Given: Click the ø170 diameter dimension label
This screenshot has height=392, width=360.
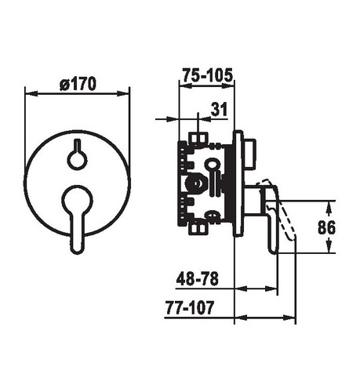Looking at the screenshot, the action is (78, 84).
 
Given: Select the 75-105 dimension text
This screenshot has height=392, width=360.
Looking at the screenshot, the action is (207, 75).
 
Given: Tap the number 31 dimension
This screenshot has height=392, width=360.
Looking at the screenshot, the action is (220, 109).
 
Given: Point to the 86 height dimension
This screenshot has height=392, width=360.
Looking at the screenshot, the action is (326, 227).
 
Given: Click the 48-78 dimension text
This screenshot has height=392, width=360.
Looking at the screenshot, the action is (198, 278).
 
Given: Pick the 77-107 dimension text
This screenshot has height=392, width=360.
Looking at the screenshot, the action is (190, 307).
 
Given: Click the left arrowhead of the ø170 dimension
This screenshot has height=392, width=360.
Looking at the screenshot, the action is (31, 93).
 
